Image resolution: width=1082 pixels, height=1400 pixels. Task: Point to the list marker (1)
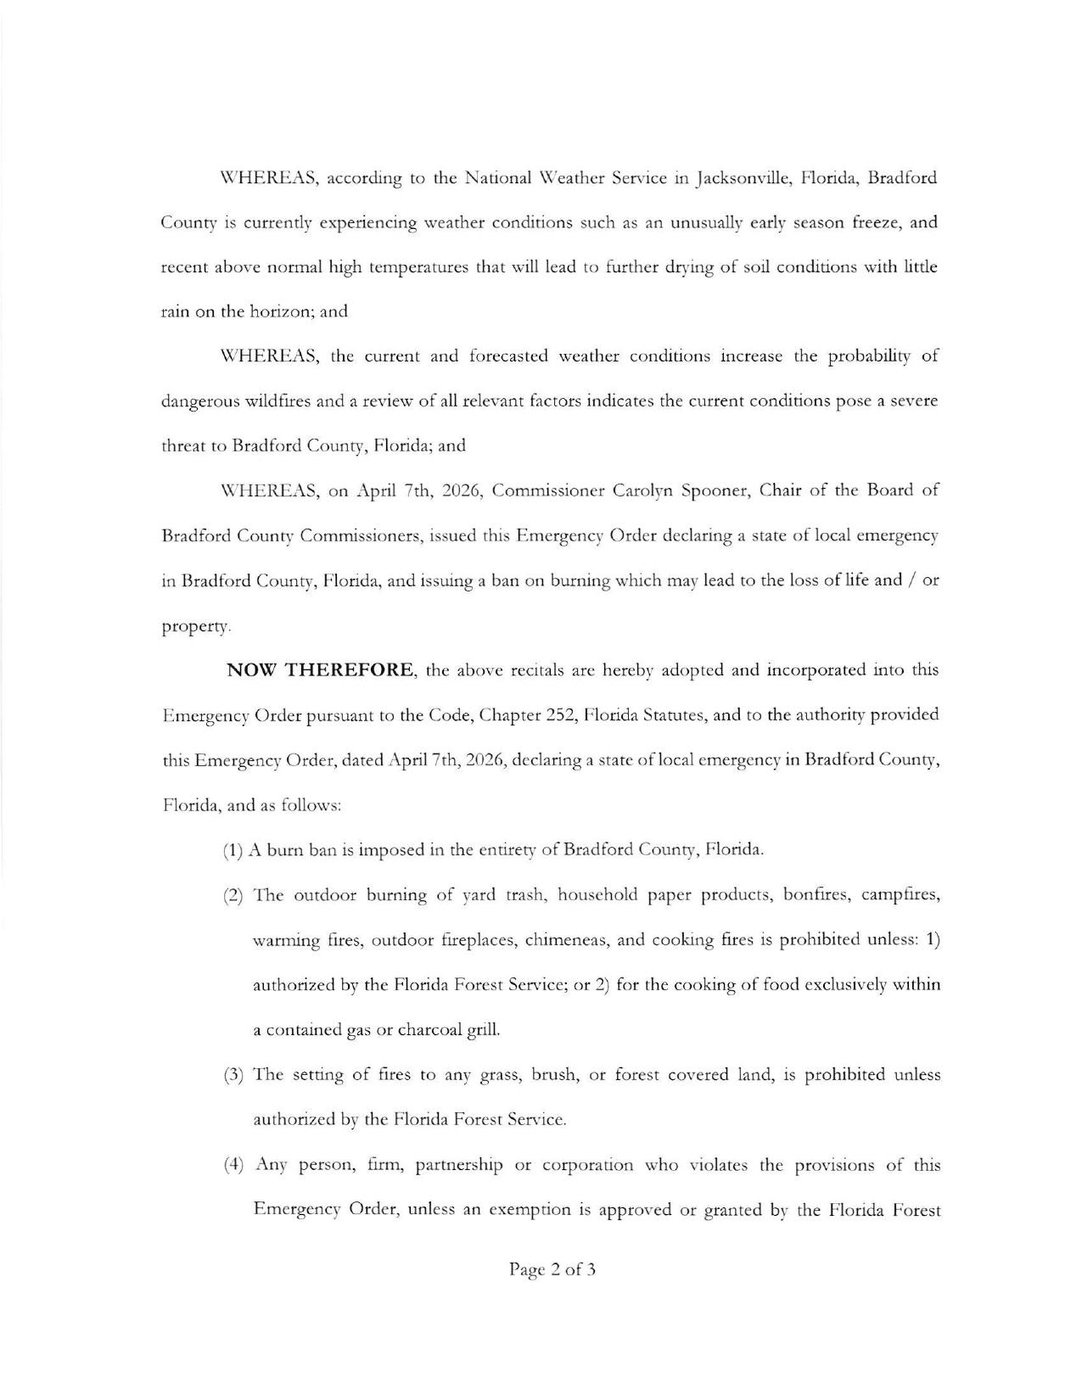tap(233, 850)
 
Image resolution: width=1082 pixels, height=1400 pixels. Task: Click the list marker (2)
tap(233, 895)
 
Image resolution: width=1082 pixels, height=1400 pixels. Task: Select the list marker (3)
tap(233, 1075)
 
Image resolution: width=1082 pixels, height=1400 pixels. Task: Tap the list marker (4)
tap(233, 1165)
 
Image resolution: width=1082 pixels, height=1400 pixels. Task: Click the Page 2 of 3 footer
tap(552, 1270)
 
